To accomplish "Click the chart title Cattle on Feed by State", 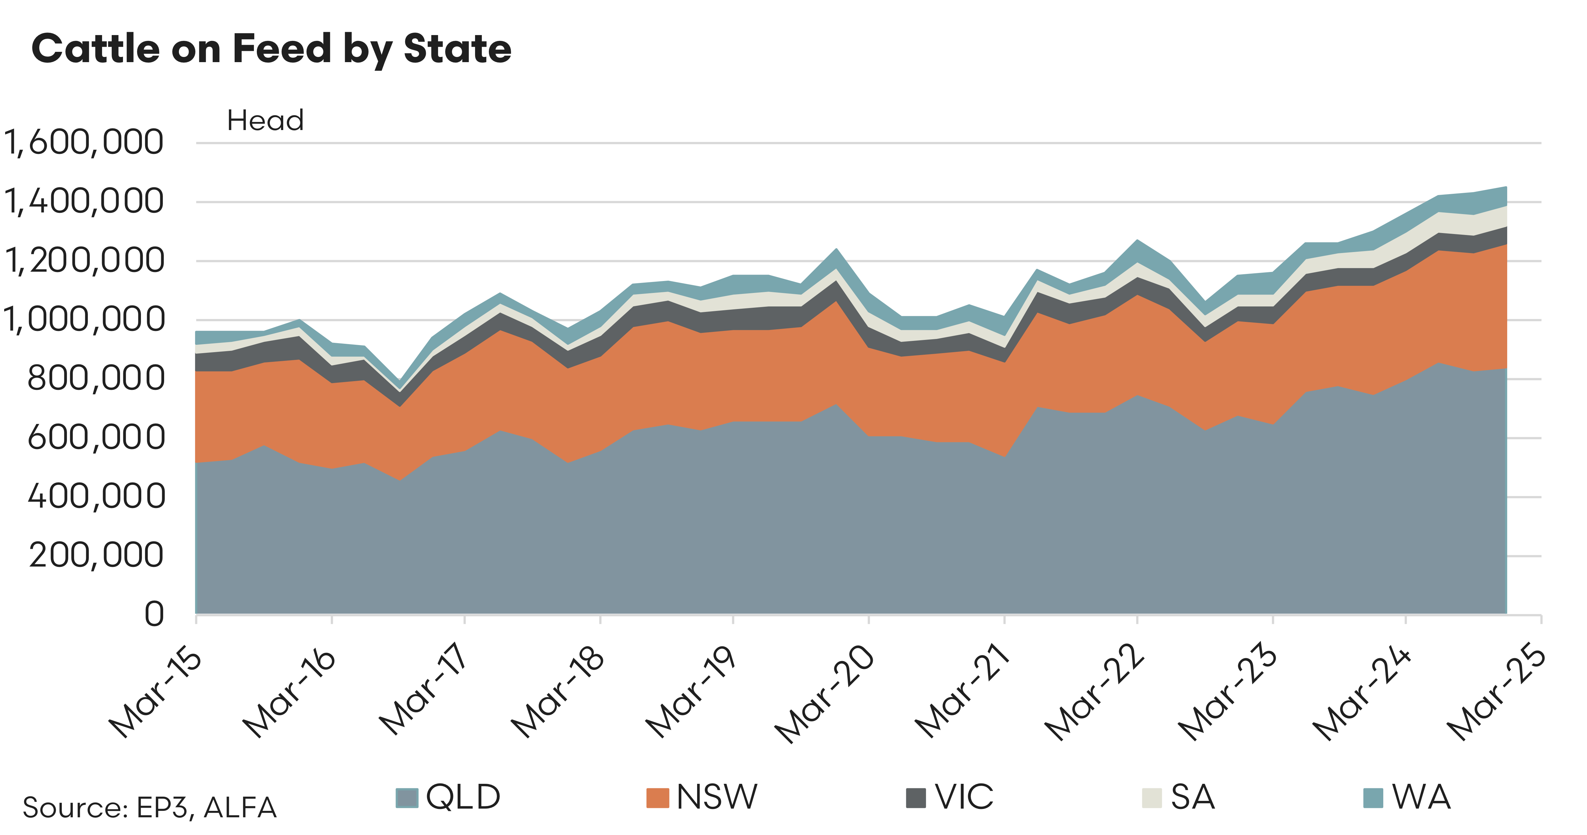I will pos(271,49).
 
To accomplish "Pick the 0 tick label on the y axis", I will pos(154,615).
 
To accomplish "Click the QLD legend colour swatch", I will pos(406,798).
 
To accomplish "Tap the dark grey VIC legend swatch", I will pos(916,798).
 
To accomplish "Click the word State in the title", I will pos(457,49).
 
